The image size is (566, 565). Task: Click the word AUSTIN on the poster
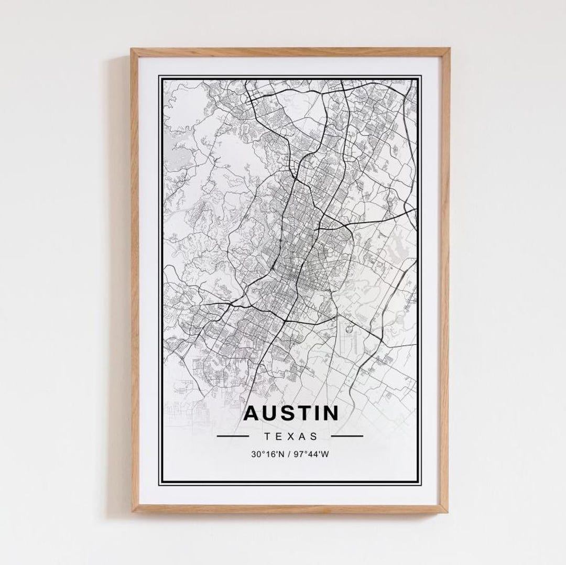pyautogui.click(x=291, y=414)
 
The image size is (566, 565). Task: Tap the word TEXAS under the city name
pyautogui.click(x=291, y=436)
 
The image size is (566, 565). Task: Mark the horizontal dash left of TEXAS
pyautogui.click(x=233, y=436)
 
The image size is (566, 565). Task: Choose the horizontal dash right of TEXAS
pyautogui.click(x=347, y=436)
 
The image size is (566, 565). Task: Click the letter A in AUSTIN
pyautogui.click(x=252, y=414)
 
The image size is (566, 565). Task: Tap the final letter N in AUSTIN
pyautogui.click(x=330, y=414)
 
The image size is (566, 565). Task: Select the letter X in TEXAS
pyautogui.click(x=291, y=436)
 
